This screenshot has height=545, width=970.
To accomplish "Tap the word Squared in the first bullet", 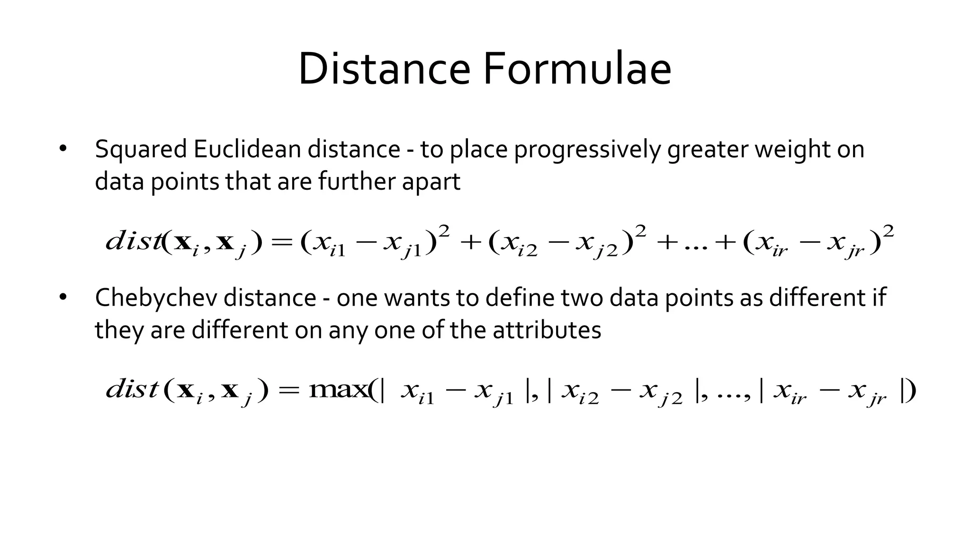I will click(141, 149).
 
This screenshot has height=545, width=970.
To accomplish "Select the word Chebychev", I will click(156, 298).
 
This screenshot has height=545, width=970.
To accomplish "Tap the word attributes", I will click(547, 330).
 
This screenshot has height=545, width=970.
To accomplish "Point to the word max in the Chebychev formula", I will click(337, 390).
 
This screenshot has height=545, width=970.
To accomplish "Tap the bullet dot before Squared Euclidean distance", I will click(63, 149).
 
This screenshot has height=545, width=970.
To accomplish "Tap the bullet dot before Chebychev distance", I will click(63, 298).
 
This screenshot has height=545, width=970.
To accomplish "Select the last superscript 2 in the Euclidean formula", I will click(889, 232).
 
